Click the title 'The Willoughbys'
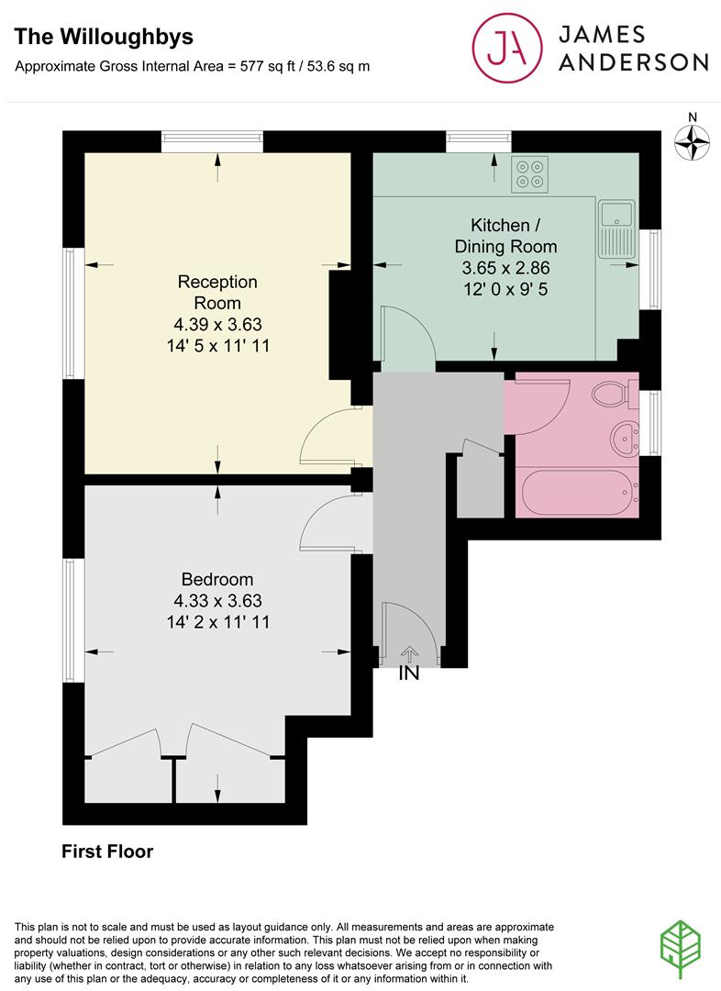(104, 38)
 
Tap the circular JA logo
(506, 48)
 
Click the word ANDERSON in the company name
(633, 62)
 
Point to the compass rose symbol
(692, 142)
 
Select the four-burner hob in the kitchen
(529, 174)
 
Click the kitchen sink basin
(616, 214)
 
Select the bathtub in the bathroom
(576, 493)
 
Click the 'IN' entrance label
(409, 674)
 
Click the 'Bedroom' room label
(217, 579)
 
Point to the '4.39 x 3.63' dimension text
(218, 324)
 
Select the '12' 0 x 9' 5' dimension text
(505, 289)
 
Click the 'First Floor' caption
(107, 852)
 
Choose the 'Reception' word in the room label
(217, 282)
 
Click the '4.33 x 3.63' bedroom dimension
(218, 600)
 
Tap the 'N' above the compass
(693, 117)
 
